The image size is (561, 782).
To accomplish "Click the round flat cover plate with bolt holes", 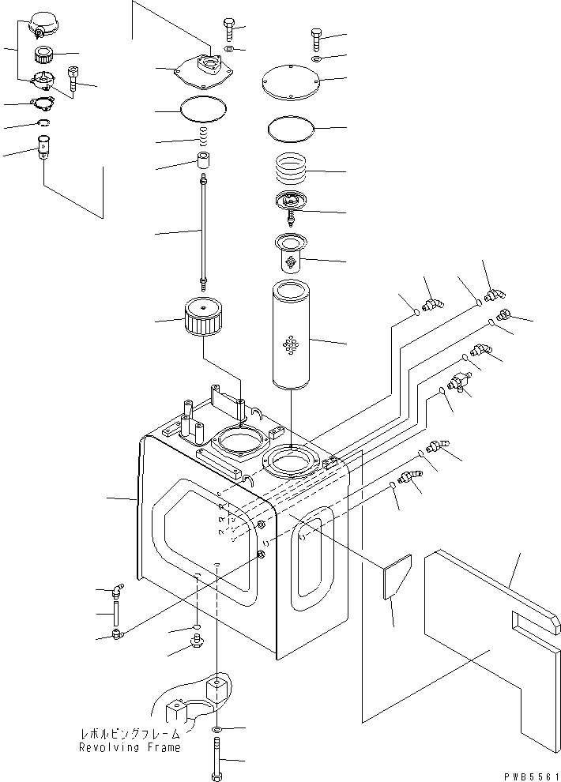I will click(290, 82).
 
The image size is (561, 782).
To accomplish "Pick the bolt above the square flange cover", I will click(228, 29).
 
